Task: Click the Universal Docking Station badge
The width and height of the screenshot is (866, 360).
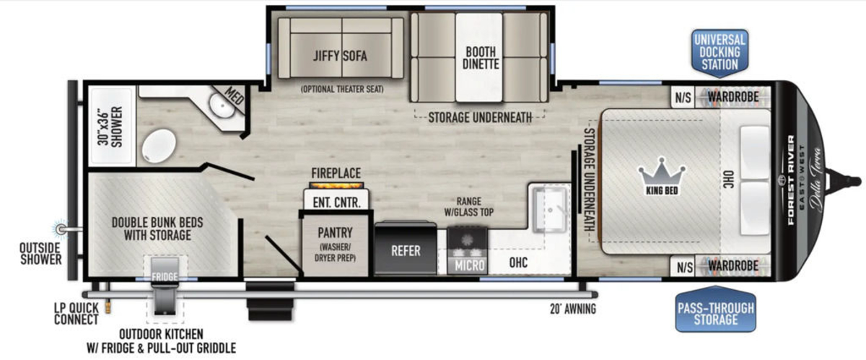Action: click(720, 53)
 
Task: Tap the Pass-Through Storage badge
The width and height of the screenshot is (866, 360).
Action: click(716, 309)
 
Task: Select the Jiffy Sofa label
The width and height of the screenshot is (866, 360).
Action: click(340, 56)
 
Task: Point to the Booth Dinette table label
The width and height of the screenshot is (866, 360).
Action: click(481, 58)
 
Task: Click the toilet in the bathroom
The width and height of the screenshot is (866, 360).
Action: click(159, 146)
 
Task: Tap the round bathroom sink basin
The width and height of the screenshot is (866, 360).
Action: click(222, 105)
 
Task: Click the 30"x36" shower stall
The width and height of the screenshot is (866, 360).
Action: click(112, 126)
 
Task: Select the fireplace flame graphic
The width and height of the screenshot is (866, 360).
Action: click(337, 185)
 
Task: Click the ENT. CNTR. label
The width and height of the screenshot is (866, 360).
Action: click(336, 202)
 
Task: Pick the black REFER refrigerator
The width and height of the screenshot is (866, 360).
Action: click(405, 248)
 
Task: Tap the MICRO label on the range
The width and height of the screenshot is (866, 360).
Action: click(469, 265)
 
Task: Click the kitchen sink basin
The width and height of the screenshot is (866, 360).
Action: click(550, 210)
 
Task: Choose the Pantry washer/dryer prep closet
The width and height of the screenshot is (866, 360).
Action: click(335, 245)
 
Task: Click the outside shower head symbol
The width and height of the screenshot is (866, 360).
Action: click(60, 229)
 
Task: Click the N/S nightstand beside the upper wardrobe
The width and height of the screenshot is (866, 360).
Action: click(683, 97)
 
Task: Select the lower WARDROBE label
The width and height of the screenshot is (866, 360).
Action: click(733, 265)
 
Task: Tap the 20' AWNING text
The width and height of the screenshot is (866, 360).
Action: click(573, 309)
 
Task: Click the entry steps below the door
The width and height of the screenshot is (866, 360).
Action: click(270, 302)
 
